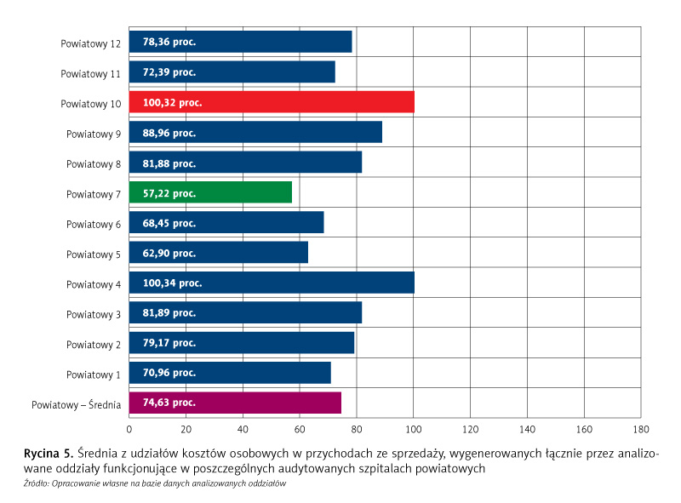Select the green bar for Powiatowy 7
pyautogui.click(x=210, y=192)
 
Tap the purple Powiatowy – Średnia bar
pyautogui.click(x=235, y=403)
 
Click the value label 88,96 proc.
pyautogui.click(x=169, y=133)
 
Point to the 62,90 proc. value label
pyautogui.click(x=169, y=253)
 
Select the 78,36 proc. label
pyautogui.click(x=169, y=42)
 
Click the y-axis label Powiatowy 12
pyautogui.click(x=90, y=43)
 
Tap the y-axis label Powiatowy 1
pyautogui.click(x=93, y=373)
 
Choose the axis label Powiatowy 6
pyautogui.click(x=93, y=223)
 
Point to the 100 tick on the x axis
pyautogui.click(x=414, y=429)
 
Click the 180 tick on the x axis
pyautogui.click(x=641, y=429)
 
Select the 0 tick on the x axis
pyautogui.click(x=129, y=429)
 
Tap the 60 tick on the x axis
pyautogui.click(x=300, y=429)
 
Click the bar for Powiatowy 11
pyautogui.click(x=232, y=71)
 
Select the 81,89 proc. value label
pyautogui.click(x=169, y=312)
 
